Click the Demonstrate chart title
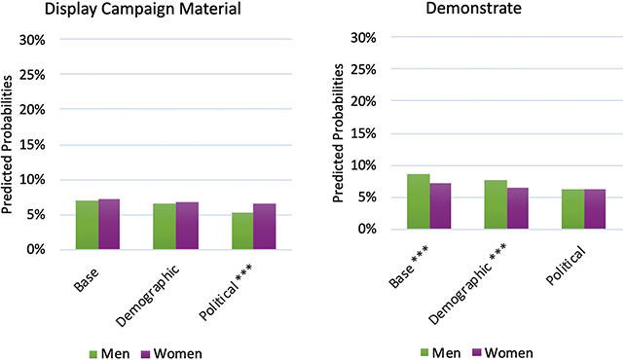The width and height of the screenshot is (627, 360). (468, 11)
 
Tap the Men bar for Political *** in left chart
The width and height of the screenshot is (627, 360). (241, 231)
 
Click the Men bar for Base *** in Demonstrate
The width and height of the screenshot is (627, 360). (418, 201)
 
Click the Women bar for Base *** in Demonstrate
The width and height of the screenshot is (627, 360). (440, 206)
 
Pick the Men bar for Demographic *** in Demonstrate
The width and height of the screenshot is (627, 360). (496, 204)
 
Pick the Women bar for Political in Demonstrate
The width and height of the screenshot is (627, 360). (596, 209)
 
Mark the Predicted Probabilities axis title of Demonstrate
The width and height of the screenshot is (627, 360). (338, 136)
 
